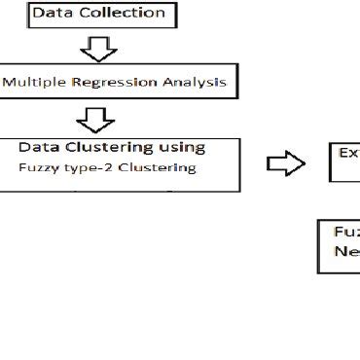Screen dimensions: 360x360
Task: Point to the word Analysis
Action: click(193, 82)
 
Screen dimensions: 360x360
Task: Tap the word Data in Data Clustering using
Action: click(38, 148)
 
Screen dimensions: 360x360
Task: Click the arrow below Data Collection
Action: click(98, 48)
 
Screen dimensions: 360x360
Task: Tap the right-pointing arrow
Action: click(285, 164)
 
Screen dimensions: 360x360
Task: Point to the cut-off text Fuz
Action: click(346, 233)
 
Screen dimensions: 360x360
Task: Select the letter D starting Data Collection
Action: click(38, 14)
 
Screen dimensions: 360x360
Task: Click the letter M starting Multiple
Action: click(9, 82)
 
